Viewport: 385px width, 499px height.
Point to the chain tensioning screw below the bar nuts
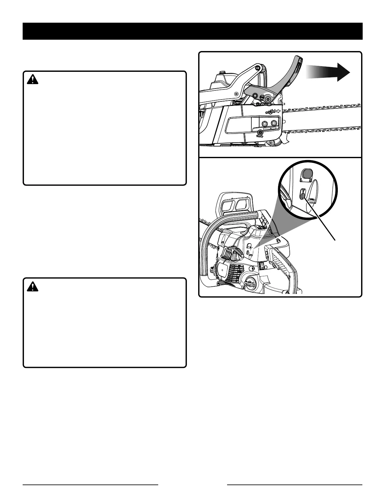click(260, 134)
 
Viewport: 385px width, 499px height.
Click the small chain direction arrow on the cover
click(278, 111)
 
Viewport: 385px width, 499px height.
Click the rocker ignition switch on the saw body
click(261, 267)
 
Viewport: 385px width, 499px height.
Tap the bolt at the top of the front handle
click(258, 67)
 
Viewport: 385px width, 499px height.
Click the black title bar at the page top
click(192, 31)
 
